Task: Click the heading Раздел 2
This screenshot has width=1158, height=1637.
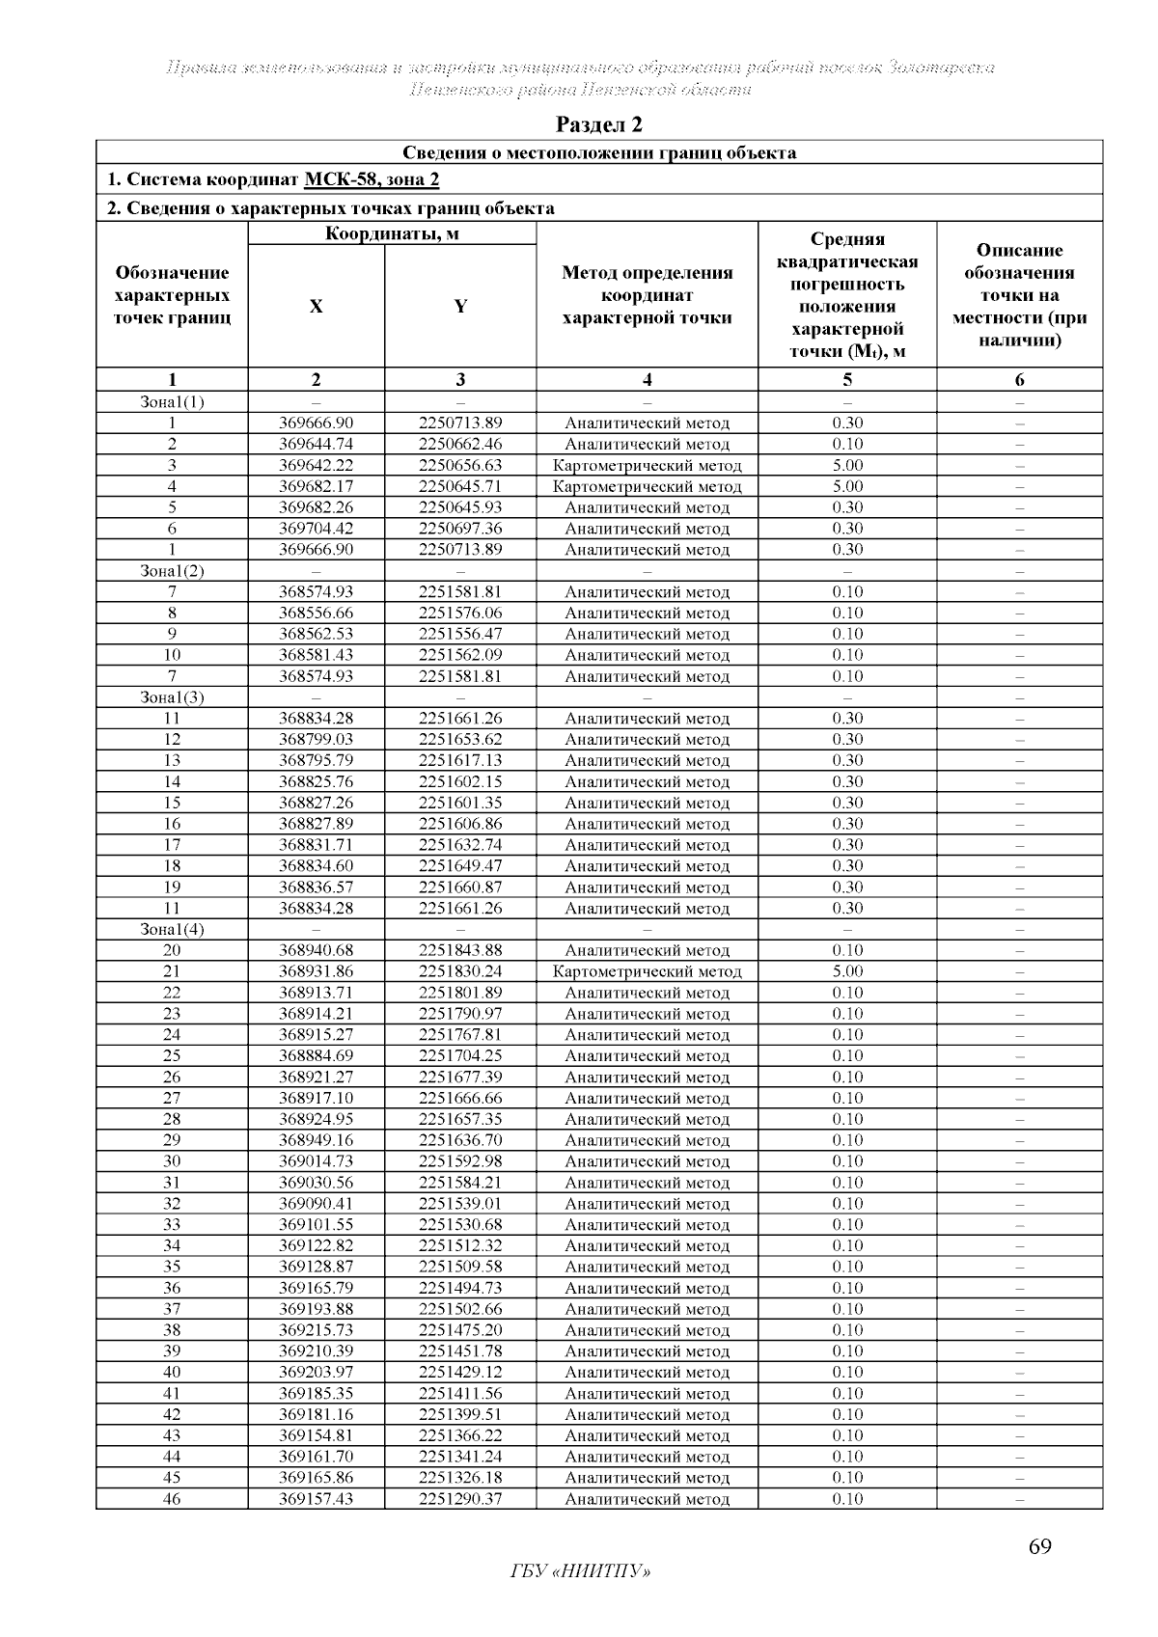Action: click(598, 124)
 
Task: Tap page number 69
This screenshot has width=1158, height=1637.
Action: click(1039, 1547)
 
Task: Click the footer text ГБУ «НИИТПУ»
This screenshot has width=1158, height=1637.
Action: click(579, 1572)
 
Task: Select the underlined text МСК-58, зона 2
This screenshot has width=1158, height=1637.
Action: click(372, 179)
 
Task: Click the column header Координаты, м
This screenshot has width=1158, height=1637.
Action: click(392, 233)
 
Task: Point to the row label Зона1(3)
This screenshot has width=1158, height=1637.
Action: click(172, 696)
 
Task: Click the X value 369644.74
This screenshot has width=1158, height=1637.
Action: click(316, 444)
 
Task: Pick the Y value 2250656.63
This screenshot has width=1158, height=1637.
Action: click(460, 465)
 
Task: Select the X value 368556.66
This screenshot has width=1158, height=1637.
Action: click(316, 613)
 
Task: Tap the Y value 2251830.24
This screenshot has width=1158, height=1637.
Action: click(460, 971)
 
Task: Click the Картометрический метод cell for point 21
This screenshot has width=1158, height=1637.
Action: click(647, 971)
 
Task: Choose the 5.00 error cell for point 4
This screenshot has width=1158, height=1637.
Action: click(847, 486)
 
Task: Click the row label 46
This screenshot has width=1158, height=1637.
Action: click(172, 1499)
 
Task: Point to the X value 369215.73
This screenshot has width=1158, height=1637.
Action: click(316, 1330)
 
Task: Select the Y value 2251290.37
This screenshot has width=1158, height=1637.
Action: click(460, 1499)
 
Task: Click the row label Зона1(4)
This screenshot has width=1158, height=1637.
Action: click(172, 929)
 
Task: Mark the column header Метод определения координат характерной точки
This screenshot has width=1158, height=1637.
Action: click(647, 295)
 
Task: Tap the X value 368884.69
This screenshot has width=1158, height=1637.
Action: click(316, 1055)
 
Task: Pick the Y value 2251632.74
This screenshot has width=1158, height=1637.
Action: click(460, 845)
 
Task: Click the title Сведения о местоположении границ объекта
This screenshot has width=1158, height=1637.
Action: click(598, 152)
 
